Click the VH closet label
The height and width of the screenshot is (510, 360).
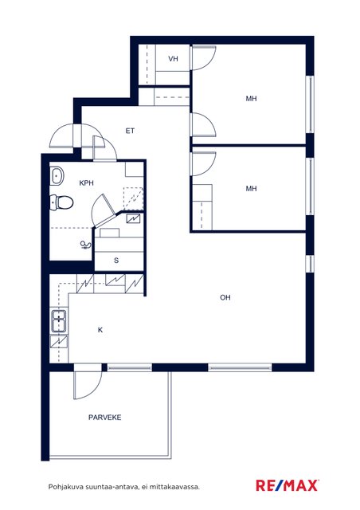tap(173, 59)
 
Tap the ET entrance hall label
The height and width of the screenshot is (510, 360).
tap(130, 131)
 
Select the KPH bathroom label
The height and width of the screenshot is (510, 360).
tap(87, 183)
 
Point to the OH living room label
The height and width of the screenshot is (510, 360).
tap(225, 297)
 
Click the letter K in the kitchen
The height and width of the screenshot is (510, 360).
tap(100, 330)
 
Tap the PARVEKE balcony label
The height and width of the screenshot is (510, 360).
tap(104, 418)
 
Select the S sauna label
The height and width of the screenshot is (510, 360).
tap(116, 261)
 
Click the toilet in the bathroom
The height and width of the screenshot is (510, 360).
tap(61, 202)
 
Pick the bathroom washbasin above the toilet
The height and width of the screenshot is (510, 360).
tap(57, 176)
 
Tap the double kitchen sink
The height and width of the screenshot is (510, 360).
tap(58, 321)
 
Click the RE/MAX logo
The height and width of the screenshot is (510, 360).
tap(288, 485)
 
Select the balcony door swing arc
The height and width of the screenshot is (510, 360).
tap(88, 386)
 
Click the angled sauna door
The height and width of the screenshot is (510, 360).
tap(104, 211)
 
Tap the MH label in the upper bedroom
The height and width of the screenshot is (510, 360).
tap(251, 99)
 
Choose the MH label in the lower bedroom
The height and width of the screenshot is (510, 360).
tap(251, 189)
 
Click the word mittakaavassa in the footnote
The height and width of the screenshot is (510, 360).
tap(178, 487)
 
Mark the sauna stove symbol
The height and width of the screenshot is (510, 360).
tap(134, 218)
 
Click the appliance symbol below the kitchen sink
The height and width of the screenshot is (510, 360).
tap(59, 342)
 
